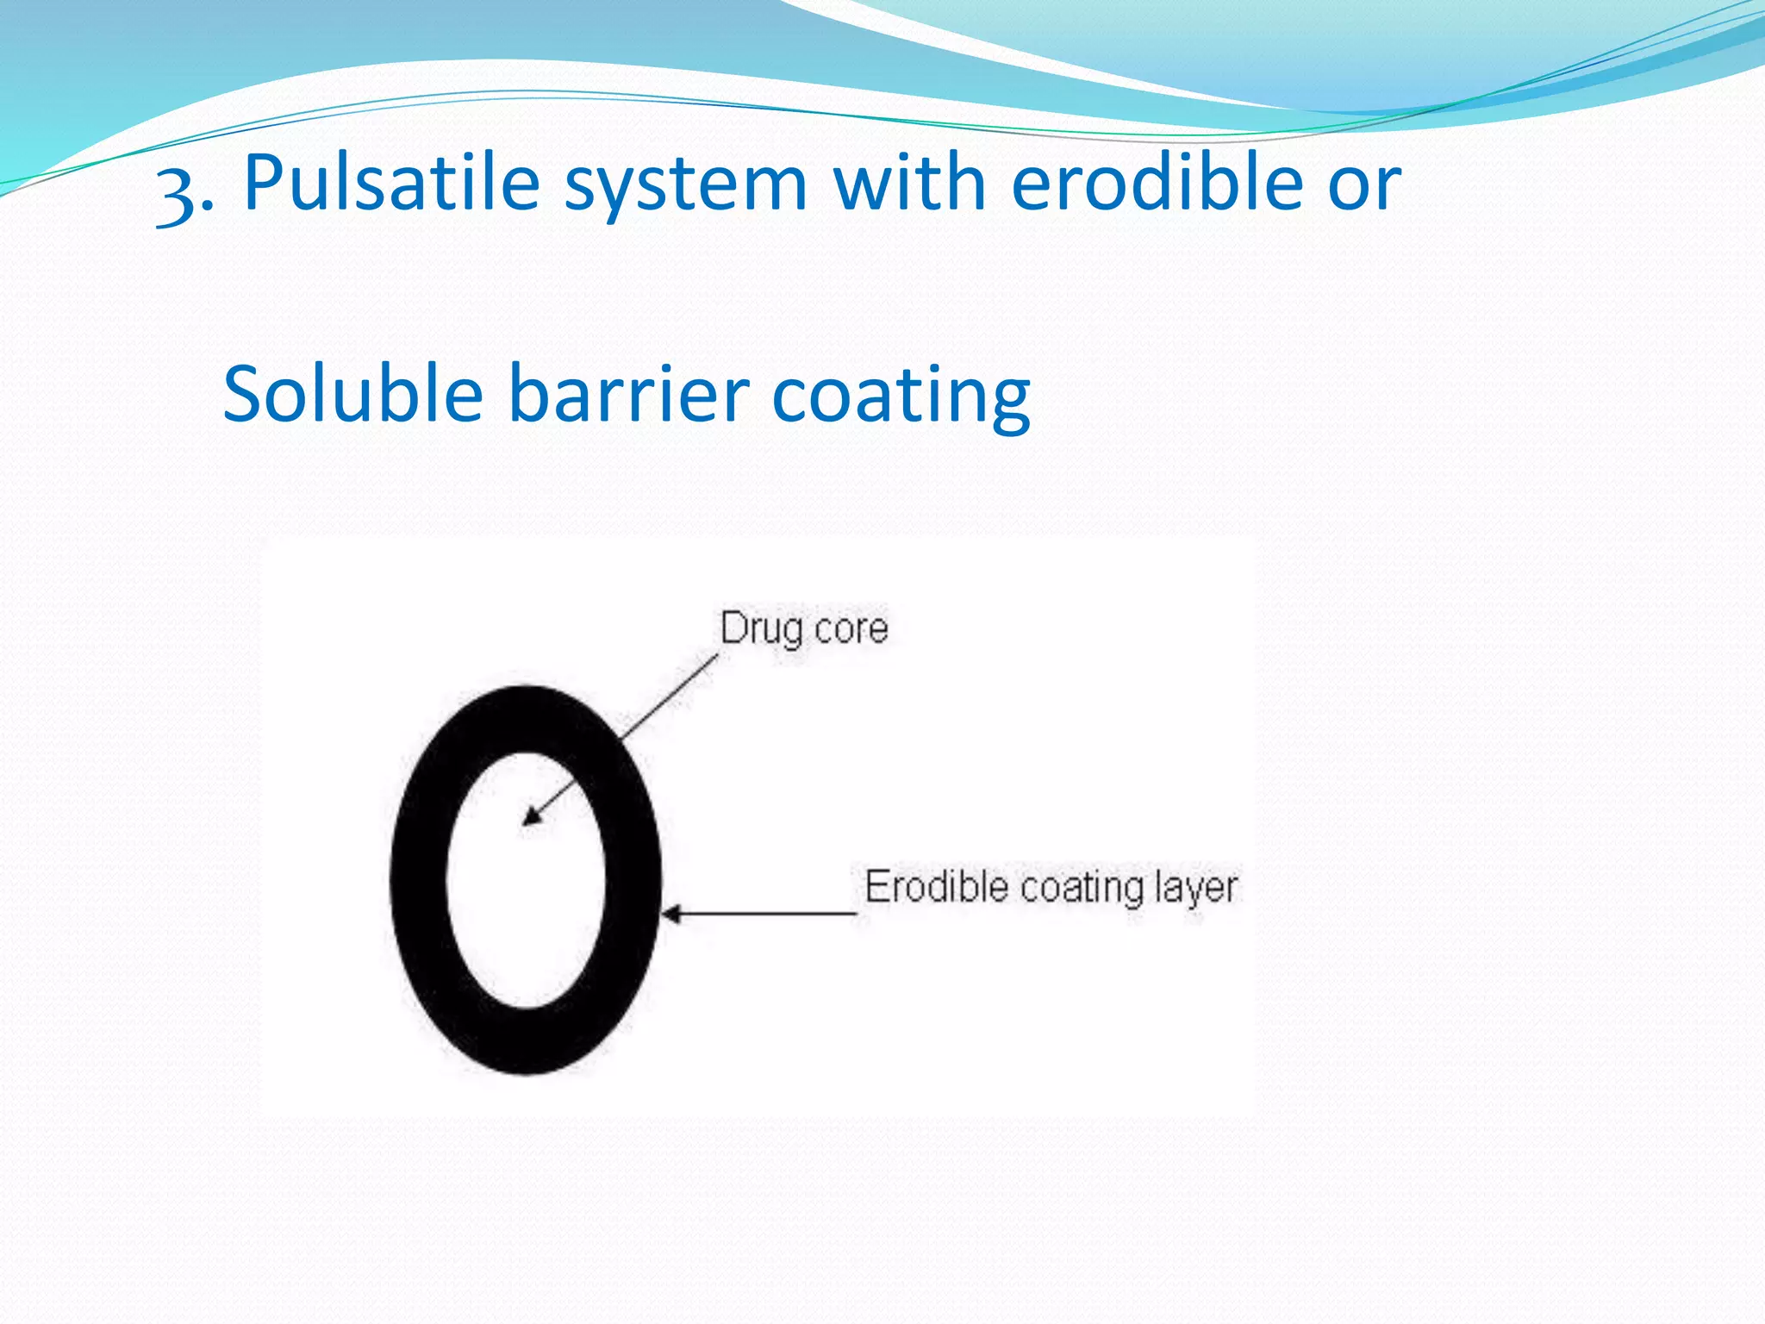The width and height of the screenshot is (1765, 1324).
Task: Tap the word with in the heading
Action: coord(909,183)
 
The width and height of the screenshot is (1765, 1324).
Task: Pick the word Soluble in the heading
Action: coord(352,394)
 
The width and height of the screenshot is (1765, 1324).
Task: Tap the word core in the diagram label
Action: coord(851,630)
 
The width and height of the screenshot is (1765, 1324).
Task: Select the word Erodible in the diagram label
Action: coord(936,888)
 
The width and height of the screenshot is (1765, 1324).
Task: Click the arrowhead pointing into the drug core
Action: coord(533,815)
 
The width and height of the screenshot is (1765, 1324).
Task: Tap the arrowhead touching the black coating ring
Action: coord(671,914)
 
